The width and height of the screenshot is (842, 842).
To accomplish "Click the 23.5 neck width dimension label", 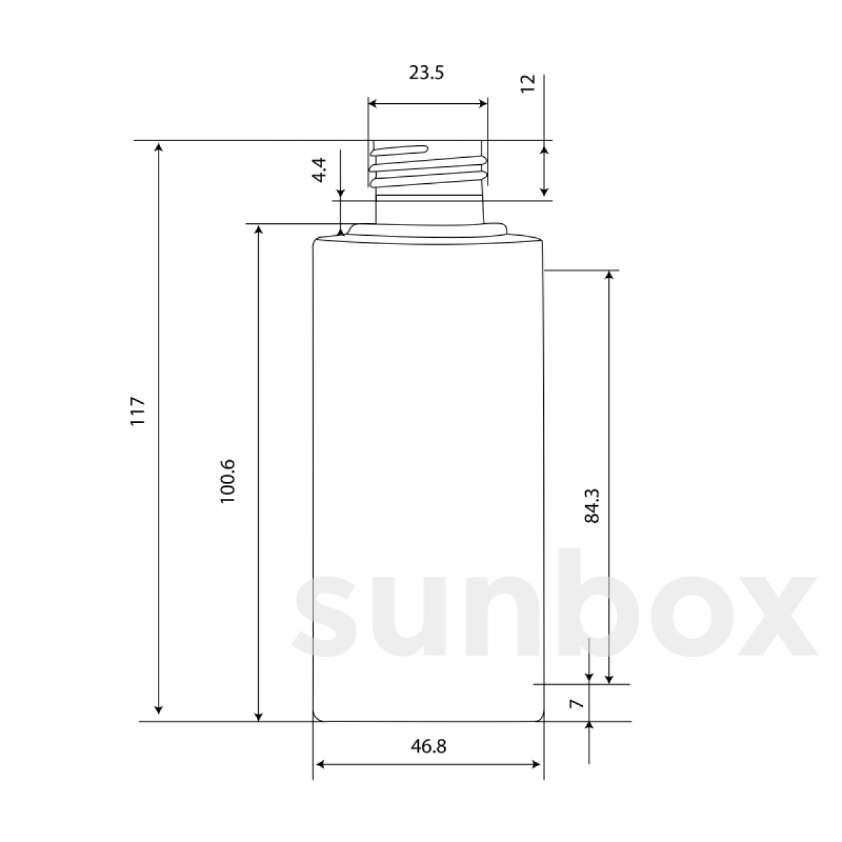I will tap(427, 73).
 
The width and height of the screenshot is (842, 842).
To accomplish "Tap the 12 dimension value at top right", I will tap(529, 83).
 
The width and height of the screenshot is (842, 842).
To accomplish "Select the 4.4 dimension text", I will tap(320, 171).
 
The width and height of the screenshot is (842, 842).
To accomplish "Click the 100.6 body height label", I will tap(229, 481).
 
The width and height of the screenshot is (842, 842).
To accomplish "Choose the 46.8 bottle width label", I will tap(428, 746).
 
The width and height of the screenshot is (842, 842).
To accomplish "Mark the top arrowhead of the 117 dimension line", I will tap(159, 147).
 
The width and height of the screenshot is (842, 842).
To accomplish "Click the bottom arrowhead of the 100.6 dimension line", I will tap(259, 715).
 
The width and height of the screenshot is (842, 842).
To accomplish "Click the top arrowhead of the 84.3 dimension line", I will tap(609, 275).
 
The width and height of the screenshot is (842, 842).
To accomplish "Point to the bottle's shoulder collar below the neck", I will tap(428, 228).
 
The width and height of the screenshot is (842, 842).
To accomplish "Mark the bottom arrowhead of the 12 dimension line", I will tap(544, 191).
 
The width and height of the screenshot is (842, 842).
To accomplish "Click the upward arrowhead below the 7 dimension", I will tap(589, 727).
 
